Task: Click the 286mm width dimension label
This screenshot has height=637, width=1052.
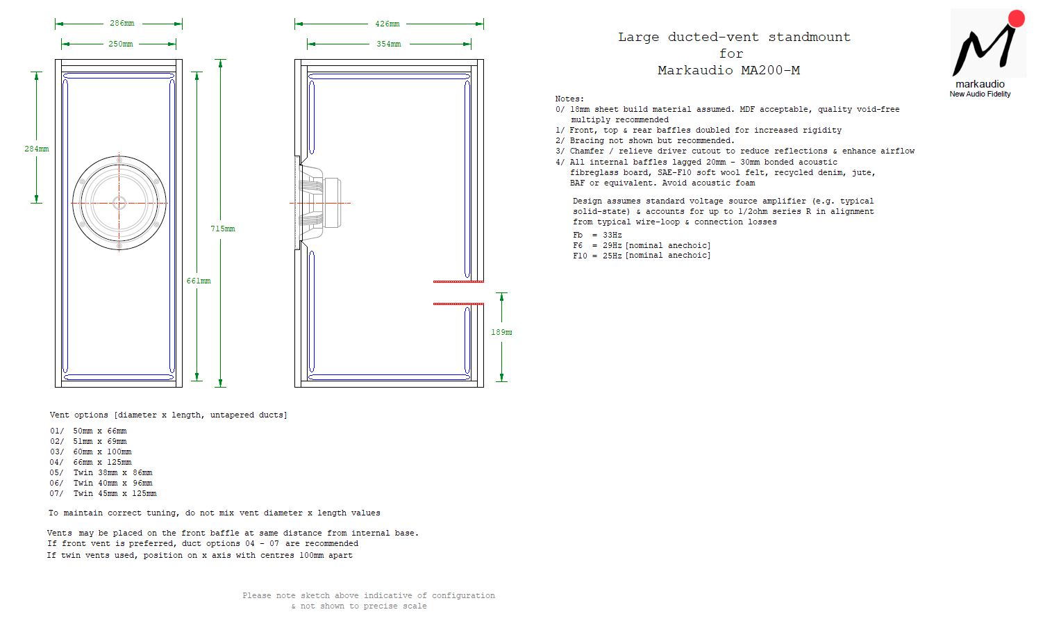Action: coord(122,23)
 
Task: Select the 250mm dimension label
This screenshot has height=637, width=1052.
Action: coord(121,44)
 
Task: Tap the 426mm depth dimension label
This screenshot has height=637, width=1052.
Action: coord(387,24)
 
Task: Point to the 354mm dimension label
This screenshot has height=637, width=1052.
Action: coord(388,44)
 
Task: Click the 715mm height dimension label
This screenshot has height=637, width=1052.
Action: coord(223,229)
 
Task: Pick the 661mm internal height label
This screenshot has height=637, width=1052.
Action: coord(198,281)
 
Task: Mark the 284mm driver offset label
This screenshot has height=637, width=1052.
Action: coord(37,149)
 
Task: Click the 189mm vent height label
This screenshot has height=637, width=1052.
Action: coord(501,332)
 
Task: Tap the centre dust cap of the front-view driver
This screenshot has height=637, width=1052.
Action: coord(119,203)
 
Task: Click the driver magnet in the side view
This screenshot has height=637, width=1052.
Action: coord(333,203)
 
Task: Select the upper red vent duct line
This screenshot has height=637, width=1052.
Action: coord(458,281)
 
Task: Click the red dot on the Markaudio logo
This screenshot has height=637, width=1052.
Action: coord(1017,18)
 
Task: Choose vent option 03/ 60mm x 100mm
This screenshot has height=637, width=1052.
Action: coord(91,452)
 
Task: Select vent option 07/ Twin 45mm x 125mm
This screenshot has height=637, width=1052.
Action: coord(103,494)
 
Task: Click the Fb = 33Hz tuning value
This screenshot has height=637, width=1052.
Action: coord(597,235)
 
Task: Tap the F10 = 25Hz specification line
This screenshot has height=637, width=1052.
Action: coord(642,256)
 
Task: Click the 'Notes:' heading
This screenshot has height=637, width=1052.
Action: coord(569,99)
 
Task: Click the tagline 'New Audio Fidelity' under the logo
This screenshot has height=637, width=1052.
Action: coord(980,94)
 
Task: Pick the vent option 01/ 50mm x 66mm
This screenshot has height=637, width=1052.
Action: coord(88,431)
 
